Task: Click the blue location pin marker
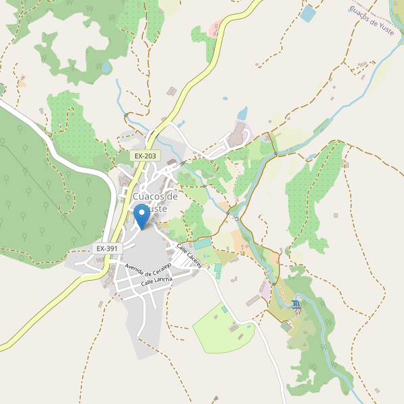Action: coord(141,216)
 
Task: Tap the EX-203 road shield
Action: coord(145,156)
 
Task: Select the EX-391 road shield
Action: coord(107,248)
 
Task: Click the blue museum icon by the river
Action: coord(297,306)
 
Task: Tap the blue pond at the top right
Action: coord(308,13)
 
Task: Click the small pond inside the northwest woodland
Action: coord(106,67)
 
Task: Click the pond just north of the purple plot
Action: coord(242,112)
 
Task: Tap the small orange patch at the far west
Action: coord(22,83)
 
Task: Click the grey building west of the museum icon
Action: coord(254,300)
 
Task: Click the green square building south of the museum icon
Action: coord(286,326)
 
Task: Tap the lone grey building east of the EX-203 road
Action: coord(172,91)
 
